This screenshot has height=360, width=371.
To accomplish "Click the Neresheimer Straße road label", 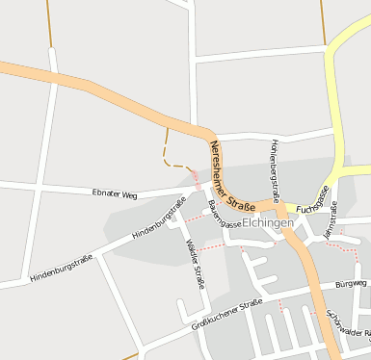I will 231,176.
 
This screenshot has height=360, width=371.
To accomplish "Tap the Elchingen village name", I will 268,222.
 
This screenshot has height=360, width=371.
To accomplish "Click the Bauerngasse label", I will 225,214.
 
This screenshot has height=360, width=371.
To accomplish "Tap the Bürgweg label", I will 351,285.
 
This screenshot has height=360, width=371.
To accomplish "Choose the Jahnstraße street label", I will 332,219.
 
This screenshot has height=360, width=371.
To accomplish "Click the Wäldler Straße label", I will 193,259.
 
